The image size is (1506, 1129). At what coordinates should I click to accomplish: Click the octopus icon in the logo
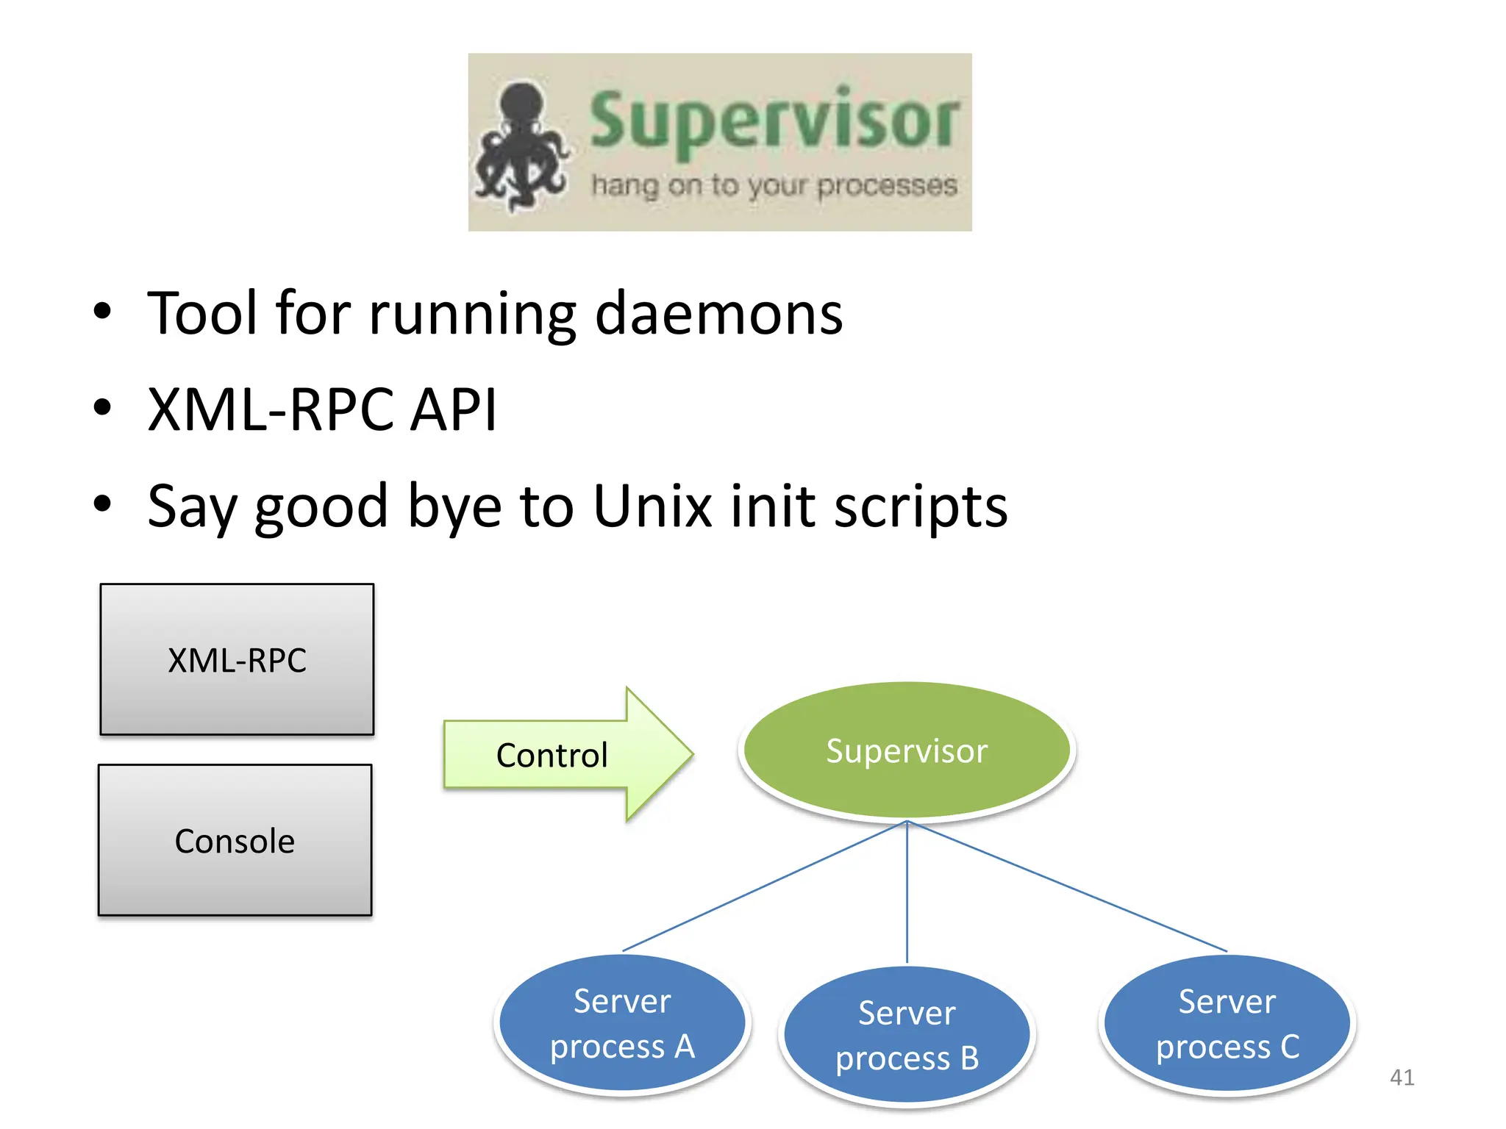(521, 147)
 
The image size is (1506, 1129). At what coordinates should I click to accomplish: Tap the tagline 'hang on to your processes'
(774, 186)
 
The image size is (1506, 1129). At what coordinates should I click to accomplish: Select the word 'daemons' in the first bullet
(718, 314)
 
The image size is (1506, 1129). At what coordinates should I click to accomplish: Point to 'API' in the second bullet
(453, 409)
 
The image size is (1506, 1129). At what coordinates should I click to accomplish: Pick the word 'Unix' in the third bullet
(652, 506)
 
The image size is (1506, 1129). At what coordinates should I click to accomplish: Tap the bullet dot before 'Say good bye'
(102, 503)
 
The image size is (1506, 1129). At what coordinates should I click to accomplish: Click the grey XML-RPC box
(237, 659)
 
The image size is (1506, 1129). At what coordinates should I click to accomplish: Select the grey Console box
(235, 840)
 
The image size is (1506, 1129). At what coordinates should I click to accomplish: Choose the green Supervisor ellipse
(906, 750)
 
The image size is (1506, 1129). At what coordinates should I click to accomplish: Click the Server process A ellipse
(622, 1023)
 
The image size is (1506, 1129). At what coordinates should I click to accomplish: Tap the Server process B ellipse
(906, 1035)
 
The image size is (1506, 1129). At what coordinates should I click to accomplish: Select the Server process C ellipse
(1227, 1023)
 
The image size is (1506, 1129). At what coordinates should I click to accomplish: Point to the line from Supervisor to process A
(765, 886)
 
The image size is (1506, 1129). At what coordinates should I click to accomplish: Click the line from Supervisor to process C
(1066, 886)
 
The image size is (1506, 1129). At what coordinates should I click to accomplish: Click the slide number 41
(1402, 1077)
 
